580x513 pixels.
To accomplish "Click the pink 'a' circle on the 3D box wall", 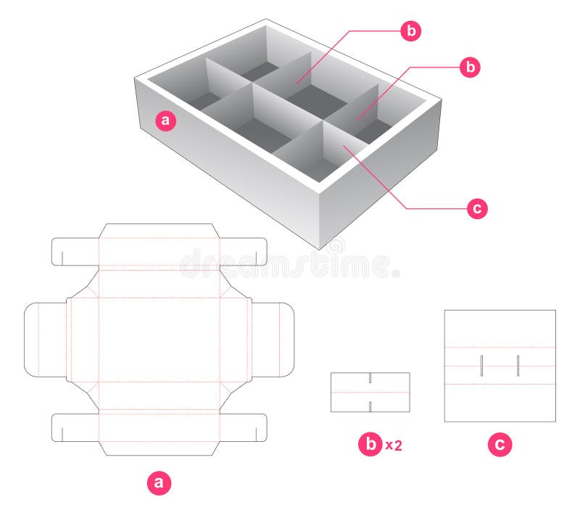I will [x=167, y=121].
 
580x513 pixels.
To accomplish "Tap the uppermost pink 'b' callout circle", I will [x=411, y=30].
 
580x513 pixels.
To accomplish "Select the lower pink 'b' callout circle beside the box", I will [x=471, y=67].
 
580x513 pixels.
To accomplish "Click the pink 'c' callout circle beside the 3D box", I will [x=476, y=209].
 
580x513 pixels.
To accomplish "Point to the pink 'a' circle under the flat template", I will [x=159, y=482].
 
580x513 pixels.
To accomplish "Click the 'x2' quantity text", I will [x=393, y=446].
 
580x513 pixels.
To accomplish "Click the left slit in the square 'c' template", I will [x=481, y=366].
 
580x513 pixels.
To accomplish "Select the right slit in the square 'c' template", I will [x=518, y=366].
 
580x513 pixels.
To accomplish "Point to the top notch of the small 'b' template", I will [x=370, y=378].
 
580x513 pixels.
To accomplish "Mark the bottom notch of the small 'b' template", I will [x=370, y=406].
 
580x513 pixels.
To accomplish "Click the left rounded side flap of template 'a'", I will [x=45, y=340].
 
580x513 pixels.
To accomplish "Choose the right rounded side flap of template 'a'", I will [x=273, y=340].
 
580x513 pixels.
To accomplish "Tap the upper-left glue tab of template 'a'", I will [x=74, y=250].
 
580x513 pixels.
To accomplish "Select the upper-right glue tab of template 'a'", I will [x=244, y=250].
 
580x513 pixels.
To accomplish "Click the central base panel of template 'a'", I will [x=158, y=340].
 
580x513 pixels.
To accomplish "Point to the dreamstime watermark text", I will [x=290, y=265].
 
